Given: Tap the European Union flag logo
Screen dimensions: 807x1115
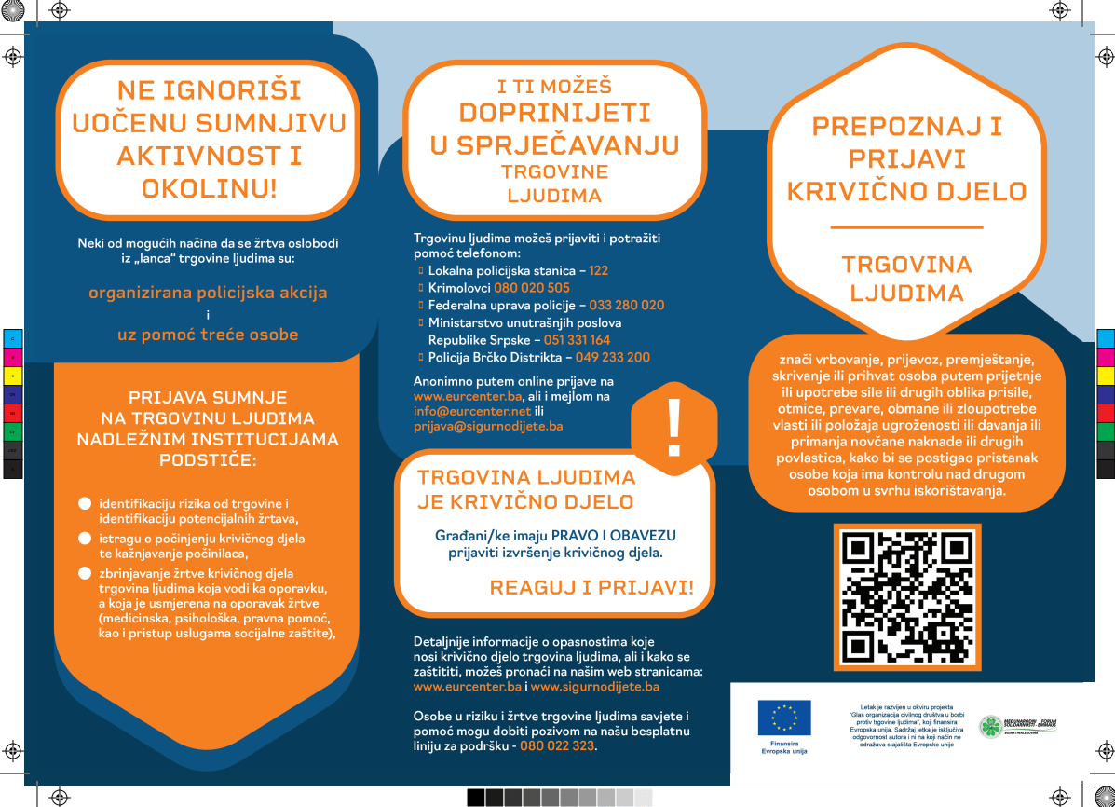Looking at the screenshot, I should tap(784, 718).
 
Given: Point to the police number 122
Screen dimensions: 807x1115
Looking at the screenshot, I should tap(598, 270).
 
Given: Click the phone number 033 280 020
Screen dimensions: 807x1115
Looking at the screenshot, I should tap(627, 306).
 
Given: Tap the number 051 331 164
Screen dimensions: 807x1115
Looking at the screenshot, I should tap(578, 340).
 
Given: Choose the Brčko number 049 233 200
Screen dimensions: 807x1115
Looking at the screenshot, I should tap(612, 358).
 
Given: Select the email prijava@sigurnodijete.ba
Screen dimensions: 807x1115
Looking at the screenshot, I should tap(488, 426).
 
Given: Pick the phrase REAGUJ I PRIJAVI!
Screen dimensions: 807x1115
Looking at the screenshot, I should tap(591, 587).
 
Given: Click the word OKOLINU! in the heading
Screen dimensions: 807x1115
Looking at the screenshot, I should tap(209, 188).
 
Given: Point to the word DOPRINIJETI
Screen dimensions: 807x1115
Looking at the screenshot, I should tap(553, 114).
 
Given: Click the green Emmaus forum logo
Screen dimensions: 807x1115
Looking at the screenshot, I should tap(992, 728).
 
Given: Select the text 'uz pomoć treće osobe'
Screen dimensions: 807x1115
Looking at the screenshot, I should tap(208, 335).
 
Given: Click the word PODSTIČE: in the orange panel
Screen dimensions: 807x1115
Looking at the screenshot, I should tap(208, 459).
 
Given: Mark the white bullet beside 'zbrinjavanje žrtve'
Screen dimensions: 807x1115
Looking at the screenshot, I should tap(84, 573).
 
